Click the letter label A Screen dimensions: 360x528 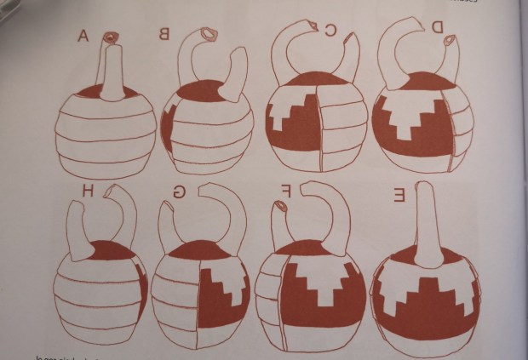pos(83,36)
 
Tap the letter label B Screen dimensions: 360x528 pos(162,35)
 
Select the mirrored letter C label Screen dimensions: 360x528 pos(330,31)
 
